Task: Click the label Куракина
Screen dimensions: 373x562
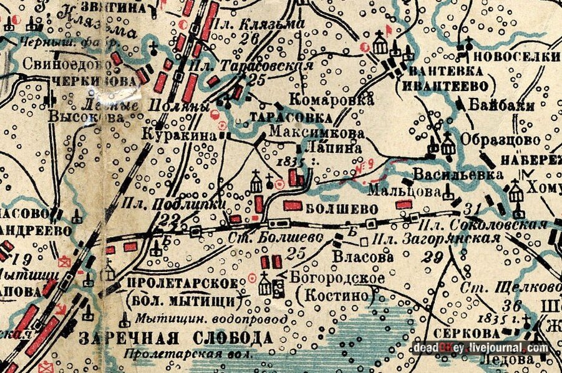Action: (174, 134)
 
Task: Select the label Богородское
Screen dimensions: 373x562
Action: (330, 278)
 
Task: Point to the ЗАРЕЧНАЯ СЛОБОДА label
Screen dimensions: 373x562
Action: (177, 338)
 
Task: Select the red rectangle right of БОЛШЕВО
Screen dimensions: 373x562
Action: (404, 203)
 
